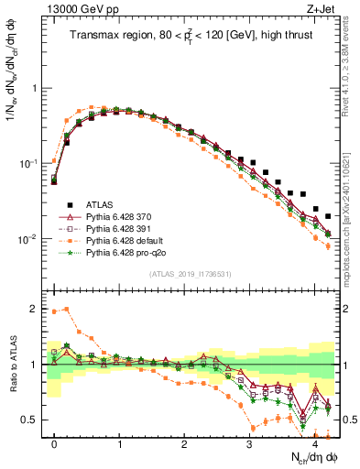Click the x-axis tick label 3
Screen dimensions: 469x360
point(249,444)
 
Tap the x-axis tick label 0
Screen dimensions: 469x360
point(55,444)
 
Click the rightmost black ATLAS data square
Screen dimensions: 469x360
point(328,216)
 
